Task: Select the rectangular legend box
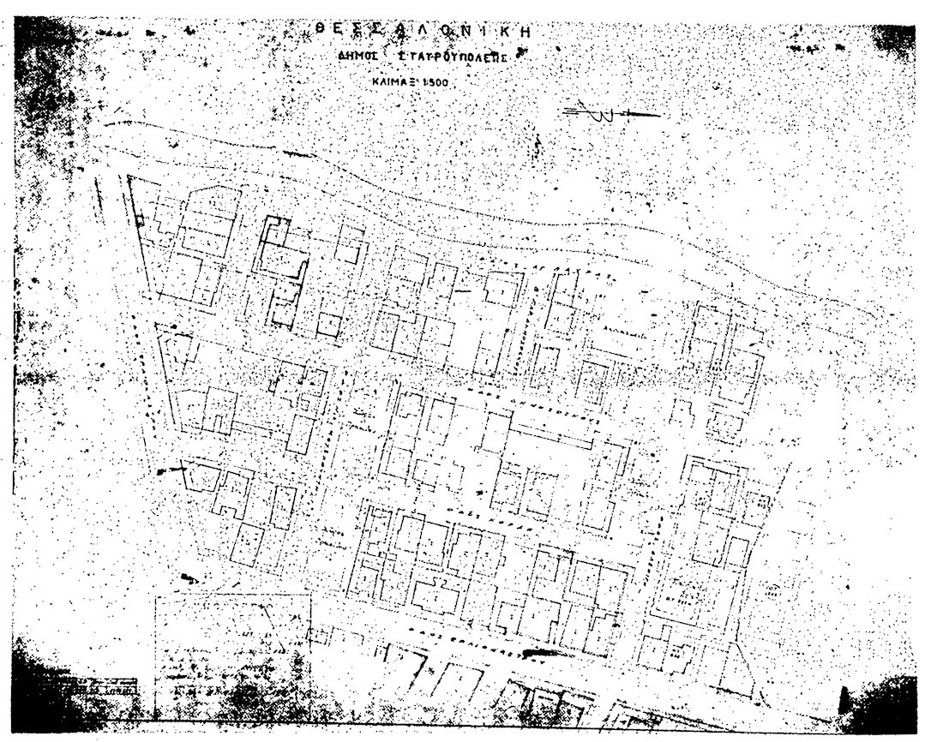click(231, 655)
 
